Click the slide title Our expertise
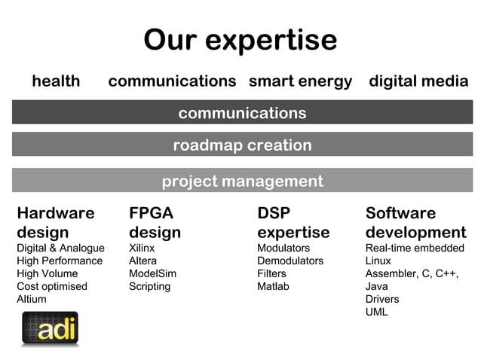240,40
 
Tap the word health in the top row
56,81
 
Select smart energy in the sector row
300,81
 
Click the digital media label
418,81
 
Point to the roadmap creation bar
242,145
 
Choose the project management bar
242,181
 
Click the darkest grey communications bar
242,113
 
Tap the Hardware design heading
55,222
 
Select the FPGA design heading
155,222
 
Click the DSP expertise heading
293,222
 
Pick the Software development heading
415,222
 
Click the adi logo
50,330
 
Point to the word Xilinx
142,249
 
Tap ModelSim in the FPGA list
152,273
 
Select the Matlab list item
273,286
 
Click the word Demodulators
290,261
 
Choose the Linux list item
378,261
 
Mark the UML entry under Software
376,312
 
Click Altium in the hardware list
32,299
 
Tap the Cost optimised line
52,286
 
